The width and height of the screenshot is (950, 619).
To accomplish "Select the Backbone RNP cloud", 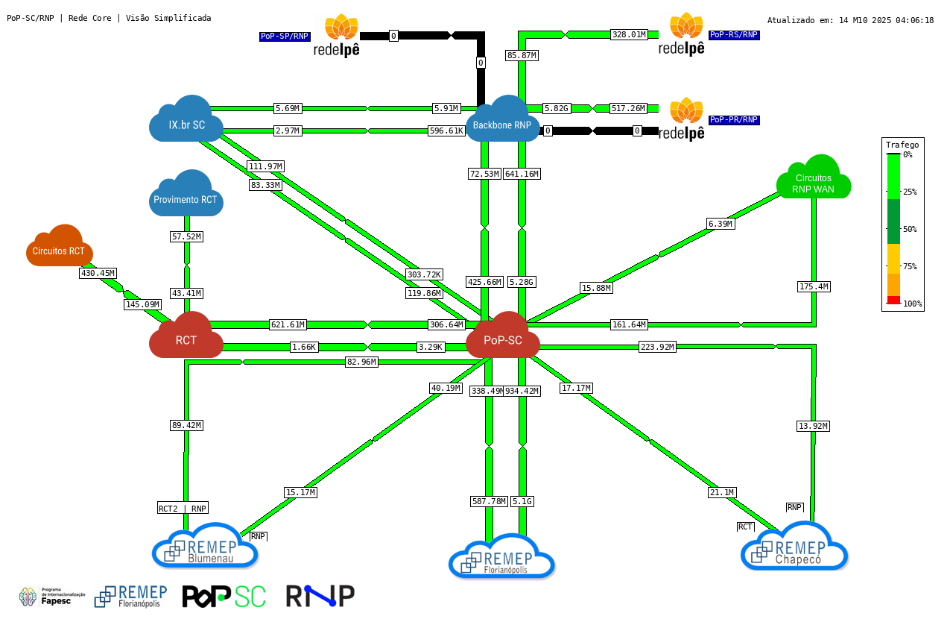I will (502, 122).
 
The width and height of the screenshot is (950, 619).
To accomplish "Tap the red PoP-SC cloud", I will (503, 337).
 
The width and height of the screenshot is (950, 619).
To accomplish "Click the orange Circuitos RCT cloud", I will (59, 248).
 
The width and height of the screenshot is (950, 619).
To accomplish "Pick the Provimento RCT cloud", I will (186, 196).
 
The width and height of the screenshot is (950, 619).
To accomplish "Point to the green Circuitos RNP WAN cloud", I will (814, 180).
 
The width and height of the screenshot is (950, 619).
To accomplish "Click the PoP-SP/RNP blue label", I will (285, 36).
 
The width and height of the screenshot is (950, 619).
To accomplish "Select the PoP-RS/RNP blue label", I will (734, 34).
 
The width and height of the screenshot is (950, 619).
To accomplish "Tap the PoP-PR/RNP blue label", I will (734, 119).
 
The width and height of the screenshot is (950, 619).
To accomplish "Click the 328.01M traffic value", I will (629, 34).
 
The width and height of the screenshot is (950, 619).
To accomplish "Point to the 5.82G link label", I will (556, 109).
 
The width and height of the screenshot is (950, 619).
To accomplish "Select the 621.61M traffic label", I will (288, 324).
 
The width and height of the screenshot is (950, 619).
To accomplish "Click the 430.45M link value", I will (98, 274).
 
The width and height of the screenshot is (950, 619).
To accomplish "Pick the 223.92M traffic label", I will (657, 347).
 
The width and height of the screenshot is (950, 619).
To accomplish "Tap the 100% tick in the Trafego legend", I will (912, 304).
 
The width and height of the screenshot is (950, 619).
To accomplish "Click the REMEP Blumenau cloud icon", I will (205, 547).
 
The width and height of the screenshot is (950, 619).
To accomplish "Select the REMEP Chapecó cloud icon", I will (794, 547).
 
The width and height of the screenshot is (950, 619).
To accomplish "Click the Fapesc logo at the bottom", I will (51, 597).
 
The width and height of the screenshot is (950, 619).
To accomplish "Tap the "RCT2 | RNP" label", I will (183, 509).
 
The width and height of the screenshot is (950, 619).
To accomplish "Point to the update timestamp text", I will (850, 20).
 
